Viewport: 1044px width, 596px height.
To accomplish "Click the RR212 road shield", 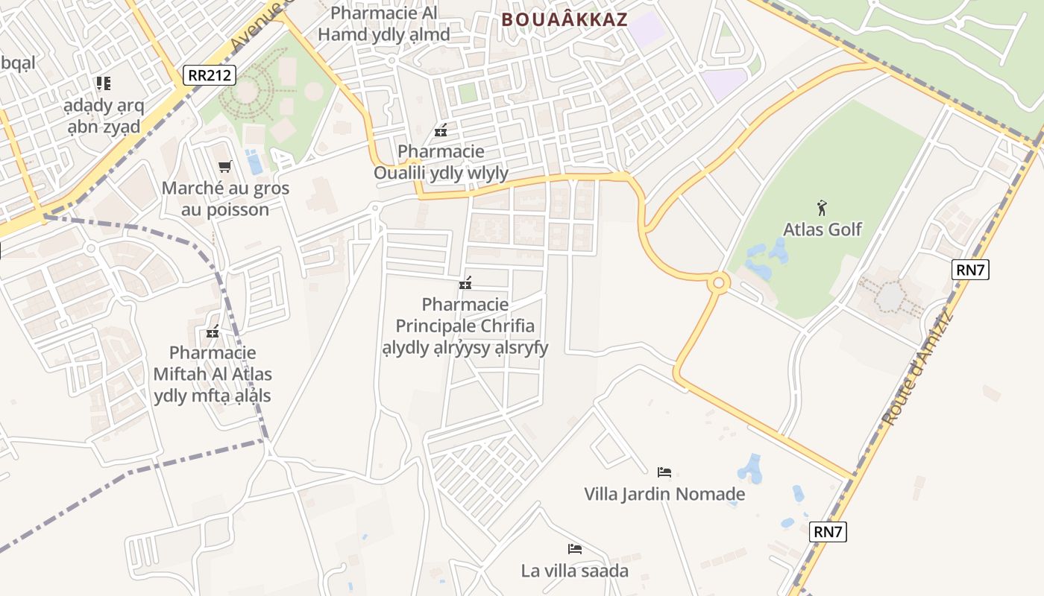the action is (210, 75).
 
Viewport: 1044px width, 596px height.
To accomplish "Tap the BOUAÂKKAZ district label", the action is (565, 19).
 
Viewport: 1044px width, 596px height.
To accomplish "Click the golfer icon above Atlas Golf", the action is (822, 208).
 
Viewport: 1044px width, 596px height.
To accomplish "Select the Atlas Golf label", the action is (822, 229).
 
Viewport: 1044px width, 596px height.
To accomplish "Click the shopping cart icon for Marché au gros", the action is (224, 167).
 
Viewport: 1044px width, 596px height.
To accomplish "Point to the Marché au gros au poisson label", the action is (225, 199).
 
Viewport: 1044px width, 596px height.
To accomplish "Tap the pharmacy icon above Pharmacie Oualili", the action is (441, 130).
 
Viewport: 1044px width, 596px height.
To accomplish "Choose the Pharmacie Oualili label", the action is (441, 162).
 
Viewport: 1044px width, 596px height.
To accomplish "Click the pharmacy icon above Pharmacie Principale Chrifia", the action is (465, 283).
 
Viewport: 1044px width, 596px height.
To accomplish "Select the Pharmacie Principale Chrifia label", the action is (465, 326).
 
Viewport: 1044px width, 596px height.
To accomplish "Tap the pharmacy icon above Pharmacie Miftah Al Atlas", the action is (213, 332).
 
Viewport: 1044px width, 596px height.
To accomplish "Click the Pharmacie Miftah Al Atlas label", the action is (213, 374).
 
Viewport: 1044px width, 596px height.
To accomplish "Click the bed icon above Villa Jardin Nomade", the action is (664, 472).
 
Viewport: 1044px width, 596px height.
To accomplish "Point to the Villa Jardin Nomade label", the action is (664, 494).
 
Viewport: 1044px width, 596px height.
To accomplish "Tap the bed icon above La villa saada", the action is (574, 549).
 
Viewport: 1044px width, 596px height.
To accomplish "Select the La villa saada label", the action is (574, 571).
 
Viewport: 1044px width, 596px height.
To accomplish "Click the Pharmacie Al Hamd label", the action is (384, 24).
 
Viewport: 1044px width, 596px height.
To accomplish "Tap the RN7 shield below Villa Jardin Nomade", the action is (828, 532).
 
